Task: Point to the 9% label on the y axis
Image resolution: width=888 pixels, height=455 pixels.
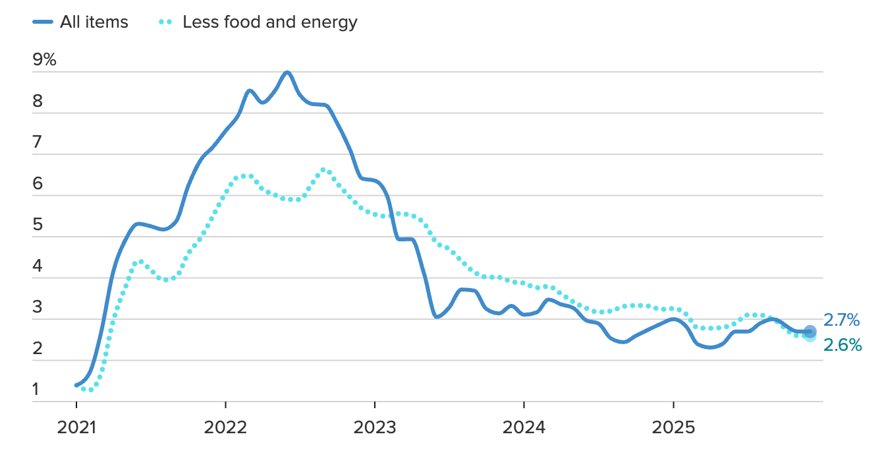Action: click(x=44, y=60)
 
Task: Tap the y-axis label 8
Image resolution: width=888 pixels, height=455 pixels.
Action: click(x=37, y=102)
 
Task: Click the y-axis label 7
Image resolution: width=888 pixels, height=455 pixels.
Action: click(x=37, y=142)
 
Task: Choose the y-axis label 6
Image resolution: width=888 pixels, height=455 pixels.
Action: click(x=37, y=184)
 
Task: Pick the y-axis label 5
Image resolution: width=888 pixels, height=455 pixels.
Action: click(x=37, y=225)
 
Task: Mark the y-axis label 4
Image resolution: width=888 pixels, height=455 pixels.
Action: click(x=37, y=266)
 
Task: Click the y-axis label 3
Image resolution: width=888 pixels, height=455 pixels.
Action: click(x=37, y=307)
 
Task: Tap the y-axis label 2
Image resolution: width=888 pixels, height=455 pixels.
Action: click(x=37, y=349)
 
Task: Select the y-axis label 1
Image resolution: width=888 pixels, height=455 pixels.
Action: click(x=36, y=390)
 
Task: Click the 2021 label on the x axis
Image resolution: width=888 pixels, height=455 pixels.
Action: click(x=76, y=427)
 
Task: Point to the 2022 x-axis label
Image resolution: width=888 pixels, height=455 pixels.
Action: click(x=225, y=427)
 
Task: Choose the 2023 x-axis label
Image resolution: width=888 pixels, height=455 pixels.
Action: click(x=374, y=427)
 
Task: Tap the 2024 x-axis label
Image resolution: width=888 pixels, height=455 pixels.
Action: click(x=524, y=427)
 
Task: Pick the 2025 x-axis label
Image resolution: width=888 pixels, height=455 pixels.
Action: click(x=673, y=427)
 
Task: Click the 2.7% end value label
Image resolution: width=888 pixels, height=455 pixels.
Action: click(x=841, y=321)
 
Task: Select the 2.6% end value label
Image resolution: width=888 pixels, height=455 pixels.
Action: click(x=842, y=345)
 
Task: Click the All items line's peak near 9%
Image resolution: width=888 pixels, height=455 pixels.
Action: click(x=287, y=72)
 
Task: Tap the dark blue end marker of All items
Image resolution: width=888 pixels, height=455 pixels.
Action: click(x=810, y=331)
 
